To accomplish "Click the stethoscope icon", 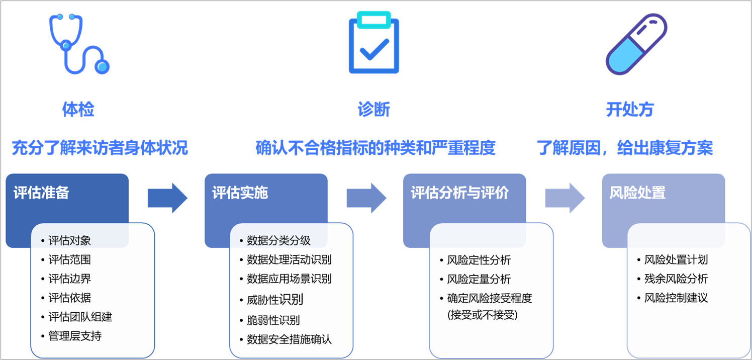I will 79,44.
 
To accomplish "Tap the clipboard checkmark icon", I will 373,43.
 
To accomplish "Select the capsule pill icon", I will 636,44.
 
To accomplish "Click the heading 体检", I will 78,110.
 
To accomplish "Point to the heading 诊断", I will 373,110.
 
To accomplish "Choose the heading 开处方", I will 629,110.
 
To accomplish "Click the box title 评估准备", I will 42,193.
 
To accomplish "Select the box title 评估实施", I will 240,193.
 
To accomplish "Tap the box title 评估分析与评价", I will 460,193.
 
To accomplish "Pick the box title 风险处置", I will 637,193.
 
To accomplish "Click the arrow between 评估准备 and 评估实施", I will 167,198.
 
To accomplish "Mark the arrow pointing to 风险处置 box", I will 565,198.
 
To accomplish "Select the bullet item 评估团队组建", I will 80,317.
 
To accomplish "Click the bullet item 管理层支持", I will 75,336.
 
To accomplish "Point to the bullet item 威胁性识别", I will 275,300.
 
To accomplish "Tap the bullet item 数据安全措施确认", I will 290,339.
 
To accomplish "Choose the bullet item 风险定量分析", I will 479,279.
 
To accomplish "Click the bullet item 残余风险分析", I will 676,279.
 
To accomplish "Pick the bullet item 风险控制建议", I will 676,298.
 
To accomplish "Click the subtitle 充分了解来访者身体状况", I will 100,148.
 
